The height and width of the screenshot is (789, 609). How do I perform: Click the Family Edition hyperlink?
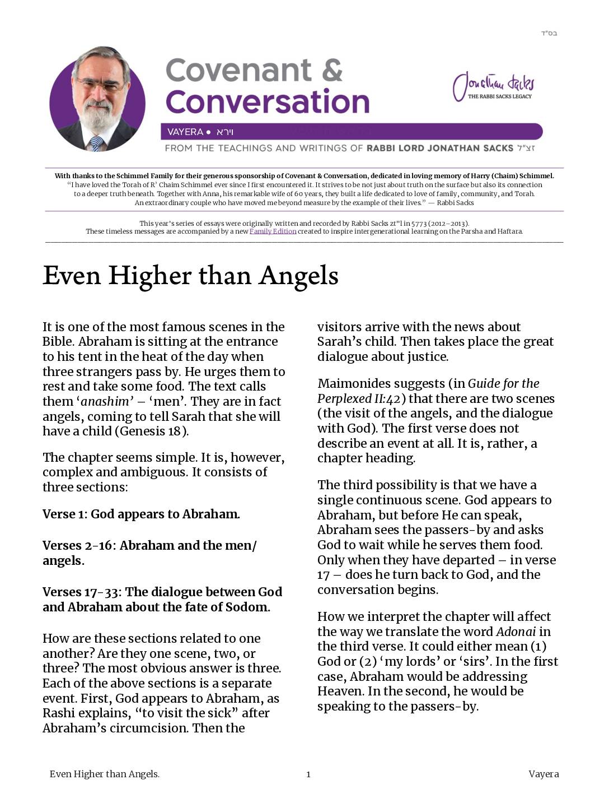pyautogui.click(x=273, y=231)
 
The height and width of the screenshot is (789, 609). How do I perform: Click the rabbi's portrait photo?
pyautogui.click(x=97, y=101)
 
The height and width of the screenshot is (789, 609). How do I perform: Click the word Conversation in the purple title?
pyautogui.click(x=268, y=102)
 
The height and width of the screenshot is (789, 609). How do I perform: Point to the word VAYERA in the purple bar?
pyautogui.click(x=185, y=132)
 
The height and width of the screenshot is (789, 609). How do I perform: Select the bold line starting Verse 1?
pyautogui.click(x=141, y=514)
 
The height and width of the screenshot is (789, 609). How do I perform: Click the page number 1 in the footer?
pyautogui.click(x=308, y=774)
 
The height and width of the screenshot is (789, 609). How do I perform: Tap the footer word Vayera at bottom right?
pyautogui.click(x=543, y=774)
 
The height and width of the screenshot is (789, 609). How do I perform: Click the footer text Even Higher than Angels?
pyautogui.click(x=105, y=774)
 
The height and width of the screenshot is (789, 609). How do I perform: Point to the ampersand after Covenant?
pyautogui.click(x=332, y=71)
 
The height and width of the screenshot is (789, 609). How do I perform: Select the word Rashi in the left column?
pyautogui.click(x=59, y=713)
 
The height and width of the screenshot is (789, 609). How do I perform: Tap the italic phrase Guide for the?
pyautogui.click(x=503, y=383)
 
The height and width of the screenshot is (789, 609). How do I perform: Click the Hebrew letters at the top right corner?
pyautogui.click(x=549, y=33)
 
